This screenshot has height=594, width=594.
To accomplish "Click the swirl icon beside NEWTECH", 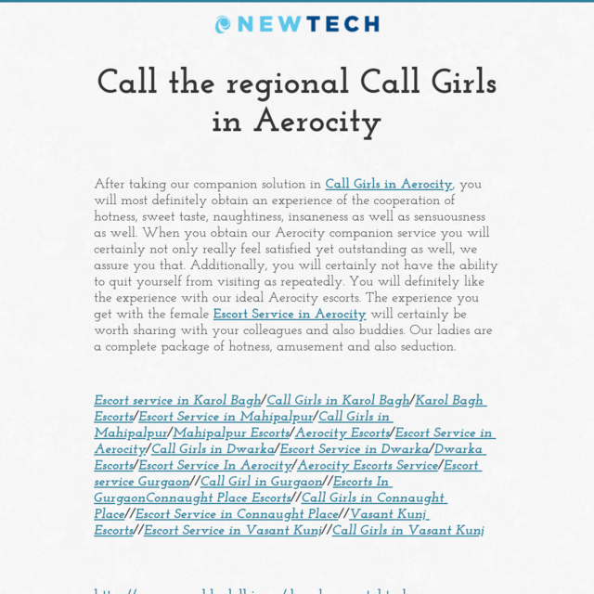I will (x=223, y=25).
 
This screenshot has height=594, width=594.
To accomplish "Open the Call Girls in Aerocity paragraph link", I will (x=388, y=185).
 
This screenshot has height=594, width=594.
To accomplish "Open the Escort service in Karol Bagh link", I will (x=177, y=401).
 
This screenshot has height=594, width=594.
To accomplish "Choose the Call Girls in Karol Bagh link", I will (x=338, y=401).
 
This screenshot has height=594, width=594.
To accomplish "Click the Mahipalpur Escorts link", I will (x=231, y=433).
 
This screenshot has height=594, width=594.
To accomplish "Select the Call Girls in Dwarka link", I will (x=213, y=449).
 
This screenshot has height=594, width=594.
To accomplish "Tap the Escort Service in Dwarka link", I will (x=355, y=449).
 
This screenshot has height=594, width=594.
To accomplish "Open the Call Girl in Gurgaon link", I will (x=262, y=482).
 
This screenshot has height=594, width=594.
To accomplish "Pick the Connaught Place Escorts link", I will (x=219, y=498).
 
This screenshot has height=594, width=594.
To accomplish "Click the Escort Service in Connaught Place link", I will (x=237, y=514).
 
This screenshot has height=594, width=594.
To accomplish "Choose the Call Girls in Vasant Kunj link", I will (x=408, y=531).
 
